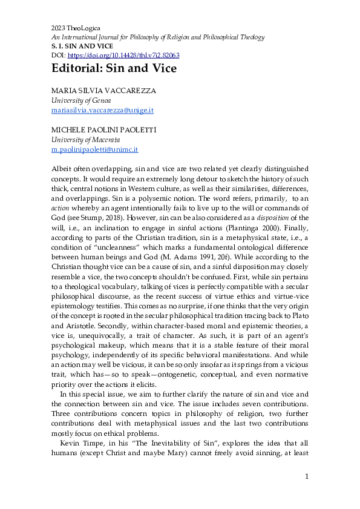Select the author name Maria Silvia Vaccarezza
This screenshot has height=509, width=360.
[x=103, y=91]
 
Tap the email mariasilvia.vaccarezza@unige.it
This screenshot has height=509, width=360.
[x=101, y=111]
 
